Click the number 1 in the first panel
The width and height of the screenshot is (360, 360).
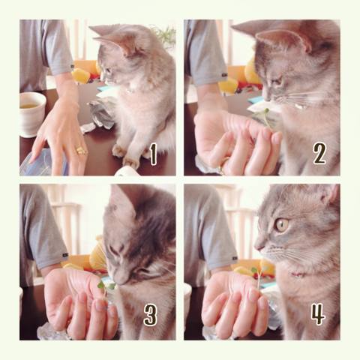153,154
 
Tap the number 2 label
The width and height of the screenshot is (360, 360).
319,153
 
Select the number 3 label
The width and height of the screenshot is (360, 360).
150,315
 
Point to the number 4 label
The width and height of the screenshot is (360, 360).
318,314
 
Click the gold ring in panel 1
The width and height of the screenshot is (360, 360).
82,150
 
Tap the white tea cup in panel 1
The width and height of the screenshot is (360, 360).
31,114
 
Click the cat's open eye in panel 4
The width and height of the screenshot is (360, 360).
282,225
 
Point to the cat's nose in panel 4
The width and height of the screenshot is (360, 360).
258,247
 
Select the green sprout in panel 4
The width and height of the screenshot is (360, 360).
258,280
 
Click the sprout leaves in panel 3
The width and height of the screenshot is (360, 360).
106,286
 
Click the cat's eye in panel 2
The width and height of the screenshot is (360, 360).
277,82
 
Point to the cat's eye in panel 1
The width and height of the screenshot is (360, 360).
109,70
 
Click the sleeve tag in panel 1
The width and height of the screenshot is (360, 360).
72,66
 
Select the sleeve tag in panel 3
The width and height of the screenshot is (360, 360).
65,255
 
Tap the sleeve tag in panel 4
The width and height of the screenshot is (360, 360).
235,258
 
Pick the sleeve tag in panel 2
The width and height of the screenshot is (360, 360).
224,74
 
